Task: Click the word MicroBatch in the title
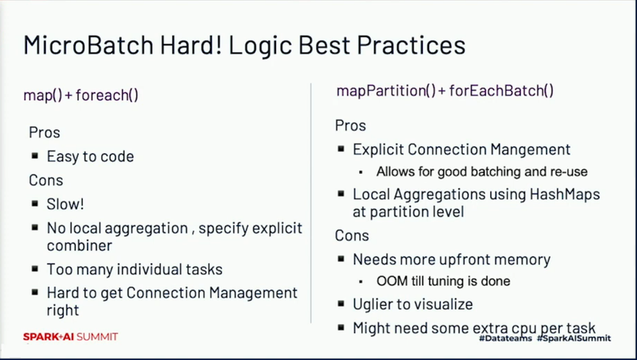[88, 45]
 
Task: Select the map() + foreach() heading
[81, 95]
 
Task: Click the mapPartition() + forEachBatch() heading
[445, 90]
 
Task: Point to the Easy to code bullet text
[90, 156]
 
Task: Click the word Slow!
[66, 204]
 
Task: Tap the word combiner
[79, 246]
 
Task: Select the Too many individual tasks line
[135, 269]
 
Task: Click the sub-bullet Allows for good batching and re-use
[482, 172]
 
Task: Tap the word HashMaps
[564, 195]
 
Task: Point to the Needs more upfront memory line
[451, 260]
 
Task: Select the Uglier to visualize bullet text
[413, 304]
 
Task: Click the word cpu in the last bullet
[523, 328]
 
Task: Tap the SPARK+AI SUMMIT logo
[70, 337]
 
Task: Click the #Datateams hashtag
[506, 338]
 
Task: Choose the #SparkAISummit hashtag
[574, 338]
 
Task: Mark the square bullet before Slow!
[35, 203]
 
